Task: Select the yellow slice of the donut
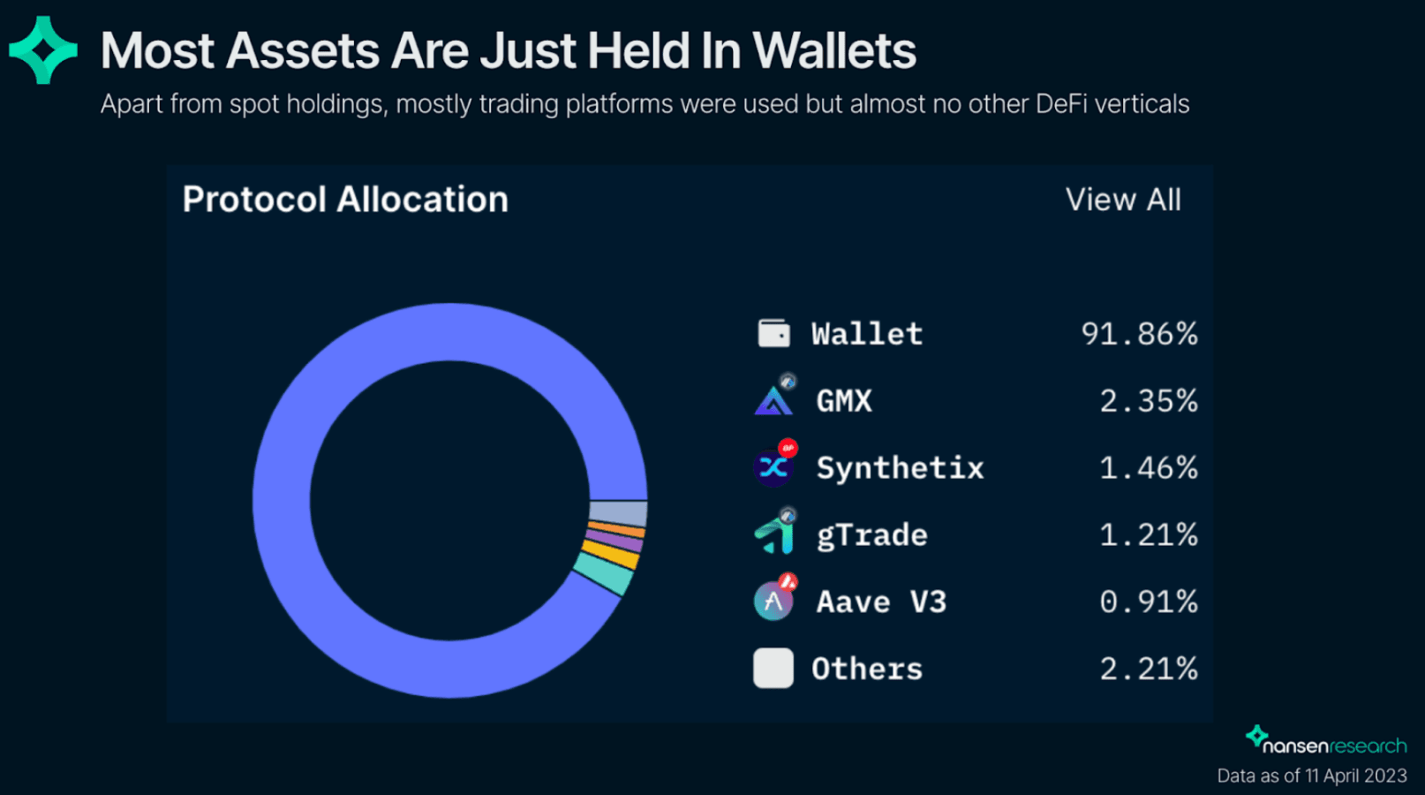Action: (x=611, y=554)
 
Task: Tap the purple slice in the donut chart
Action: (x=614, y=540)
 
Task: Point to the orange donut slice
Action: (x=616, y=529)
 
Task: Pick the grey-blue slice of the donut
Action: (x=618, y=513)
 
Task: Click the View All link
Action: (x=1123, y=200)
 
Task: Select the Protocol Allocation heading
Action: (x=345, y=200)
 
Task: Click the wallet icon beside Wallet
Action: (x=773, y=333)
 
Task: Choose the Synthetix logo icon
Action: (x=773, y=467)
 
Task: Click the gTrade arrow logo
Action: (x=774, y=534)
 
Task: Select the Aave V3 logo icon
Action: (x=773, y=602)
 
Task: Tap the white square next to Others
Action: (x=773, y=669)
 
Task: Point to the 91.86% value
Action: (x=1139, y=334)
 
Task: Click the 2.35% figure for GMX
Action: (x=1148, y=401)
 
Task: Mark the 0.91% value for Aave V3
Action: (x=1148, y=602)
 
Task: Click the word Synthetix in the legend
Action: (x=900, y=467)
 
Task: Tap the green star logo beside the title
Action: (x=42, y=50)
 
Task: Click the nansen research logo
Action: (x=1326, y=742)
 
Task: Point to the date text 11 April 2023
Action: (x=1355, y=776)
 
